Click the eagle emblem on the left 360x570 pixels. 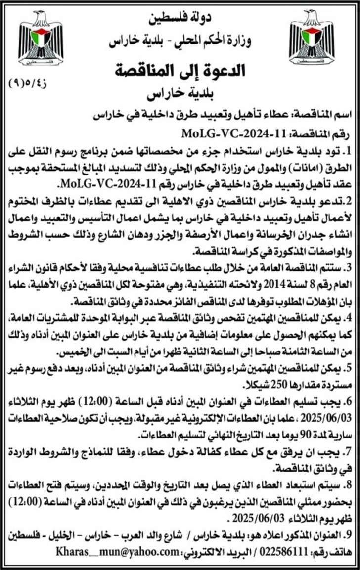coord(41,39)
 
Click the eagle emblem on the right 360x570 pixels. coord(312,39)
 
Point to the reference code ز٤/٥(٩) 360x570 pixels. coord(31,81)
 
